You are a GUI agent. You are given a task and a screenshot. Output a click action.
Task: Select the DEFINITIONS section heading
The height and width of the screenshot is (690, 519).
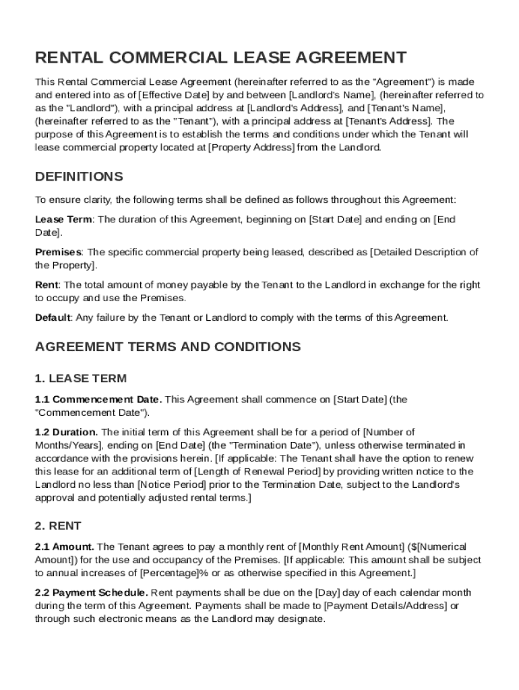tap(79, 177)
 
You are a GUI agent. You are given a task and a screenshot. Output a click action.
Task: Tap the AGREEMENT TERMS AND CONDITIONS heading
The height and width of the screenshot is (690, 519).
tap(168, 346)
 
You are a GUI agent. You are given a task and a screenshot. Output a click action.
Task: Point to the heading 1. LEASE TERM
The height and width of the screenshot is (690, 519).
tap(80, 378)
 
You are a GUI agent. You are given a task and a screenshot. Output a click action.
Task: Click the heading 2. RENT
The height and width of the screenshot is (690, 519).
tap(58, 526)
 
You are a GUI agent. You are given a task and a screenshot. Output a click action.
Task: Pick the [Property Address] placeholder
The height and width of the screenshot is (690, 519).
tap(251, 147)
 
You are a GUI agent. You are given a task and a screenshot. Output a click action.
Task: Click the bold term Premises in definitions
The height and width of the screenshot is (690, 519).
tap(58, 252)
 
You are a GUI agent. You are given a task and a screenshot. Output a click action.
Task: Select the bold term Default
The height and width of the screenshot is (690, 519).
tap(53, 317)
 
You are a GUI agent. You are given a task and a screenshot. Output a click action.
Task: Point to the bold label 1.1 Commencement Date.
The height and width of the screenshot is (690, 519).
tap(98, 400)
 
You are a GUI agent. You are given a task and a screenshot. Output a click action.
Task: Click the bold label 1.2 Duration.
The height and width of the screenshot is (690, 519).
tap(67, 432)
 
